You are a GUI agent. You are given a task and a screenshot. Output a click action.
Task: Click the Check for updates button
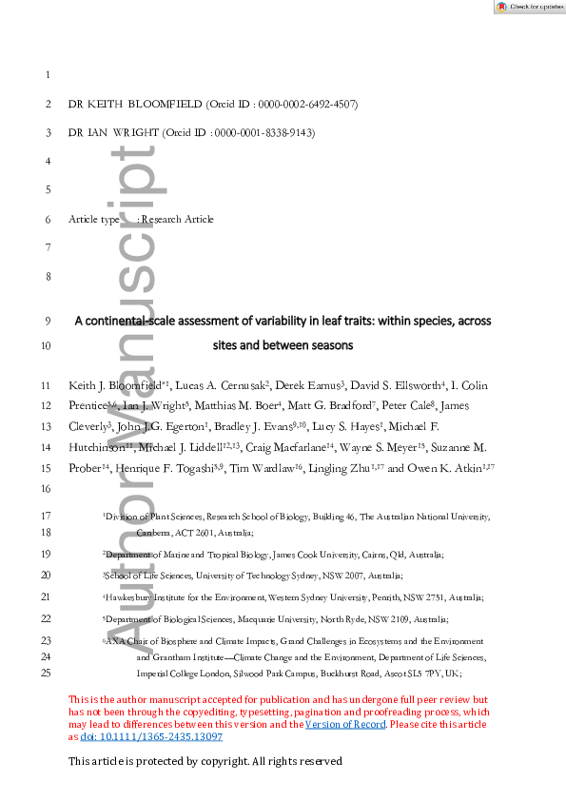coord(527,6)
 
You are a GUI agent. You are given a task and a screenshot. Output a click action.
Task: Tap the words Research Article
coord(178,220)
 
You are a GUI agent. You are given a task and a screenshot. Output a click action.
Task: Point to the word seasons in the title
coord(330,345)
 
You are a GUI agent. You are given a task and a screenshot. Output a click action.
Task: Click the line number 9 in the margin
coord(48,322)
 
